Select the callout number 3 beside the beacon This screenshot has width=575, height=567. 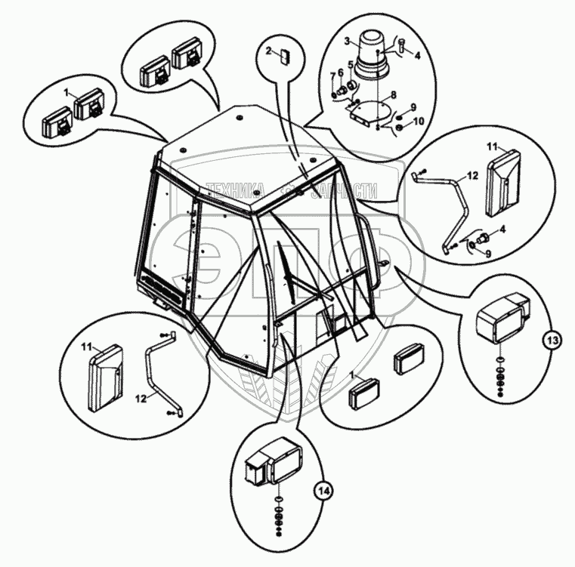click(x=347, y=42)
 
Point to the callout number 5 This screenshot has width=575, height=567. click(x=351, y=64)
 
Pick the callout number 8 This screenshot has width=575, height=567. click(x=392, y=96)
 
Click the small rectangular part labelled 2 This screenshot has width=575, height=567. click(x=285, y=54)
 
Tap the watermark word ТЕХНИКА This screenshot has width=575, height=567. click(x=233, y=189)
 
